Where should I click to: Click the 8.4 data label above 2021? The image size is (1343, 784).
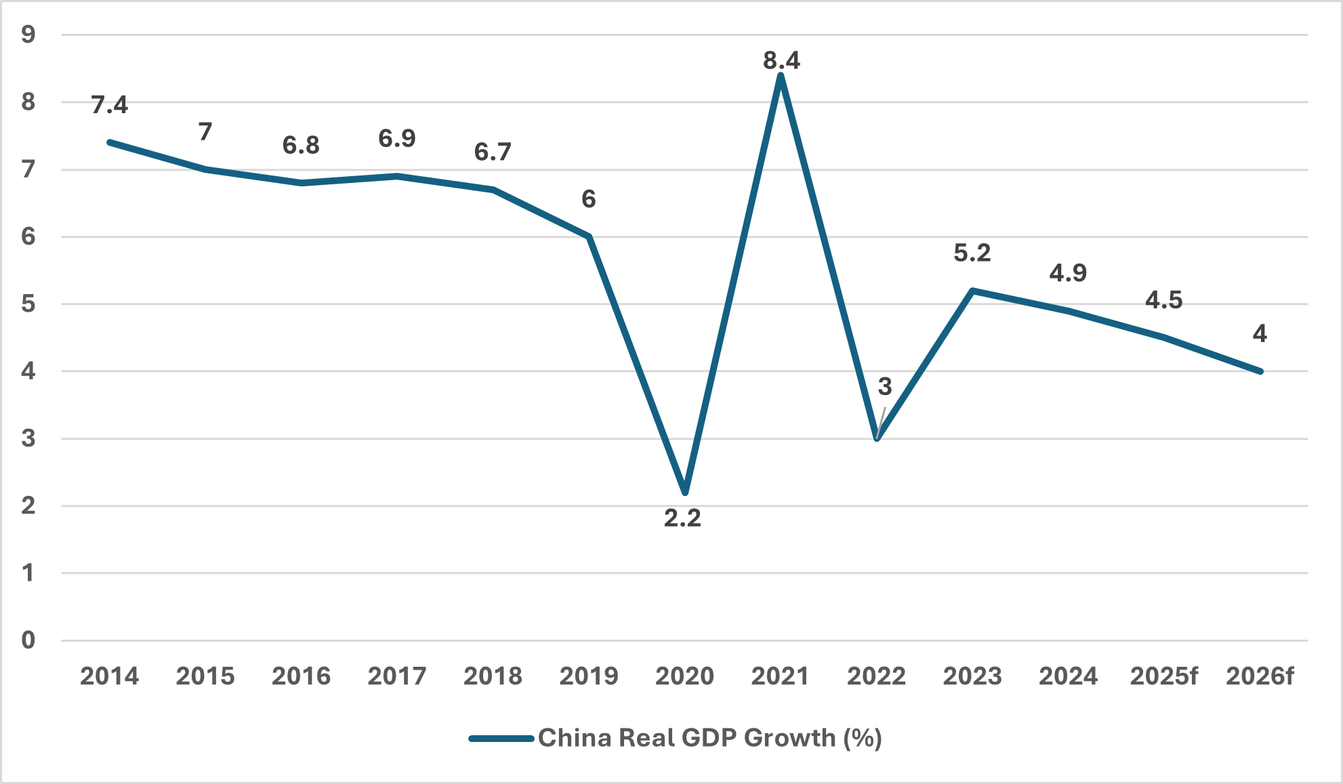pyautogui.click(x=781, y=61)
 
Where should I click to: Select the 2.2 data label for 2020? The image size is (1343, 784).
pyautogui.click(x=682, y=518)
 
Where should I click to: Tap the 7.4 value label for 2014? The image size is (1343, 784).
pyautogui.click(x=109, y=105)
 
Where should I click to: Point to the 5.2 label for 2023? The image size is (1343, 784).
pyautogui.click(x=972, y=253)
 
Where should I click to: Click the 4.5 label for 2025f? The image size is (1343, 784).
pyautogui.click(x=1163, y=300)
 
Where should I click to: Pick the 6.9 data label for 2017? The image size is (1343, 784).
pyautogui.click(x=396, y=139)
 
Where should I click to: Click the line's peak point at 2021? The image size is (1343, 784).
pyautogui.click(x=781, y=75)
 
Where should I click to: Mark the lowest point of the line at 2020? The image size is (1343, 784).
pyautogui.click(x=685, y=492)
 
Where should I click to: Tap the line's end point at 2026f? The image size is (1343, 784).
pyautogui.click(x=1260, y=371)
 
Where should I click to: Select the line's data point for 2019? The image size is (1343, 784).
pyautogui.click(x=589, y=236)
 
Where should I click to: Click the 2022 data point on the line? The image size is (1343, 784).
pyautogui.click(x=877, y=438)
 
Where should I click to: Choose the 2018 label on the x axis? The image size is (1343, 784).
pyautogui.click(x=493, y=676)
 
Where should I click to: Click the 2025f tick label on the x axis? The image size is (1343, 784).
pyautogui.click(x=1163, y=676)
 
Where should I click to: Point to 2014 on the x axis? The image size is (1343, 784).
pyautogui.click(x=109, y=676)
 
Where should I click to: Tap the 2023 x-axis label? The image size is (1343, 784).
pyautogui.click(x=972, y=676)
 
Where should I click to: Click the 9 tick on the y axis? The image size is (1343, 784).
pyautogui.click(x=28, y=35)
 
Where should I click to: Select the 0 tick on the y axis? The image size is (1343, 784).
pyautogui.click(x=28, y=640)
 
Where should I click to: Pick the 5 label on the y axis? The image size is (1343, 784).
pyautogui.click(x=28, y=304)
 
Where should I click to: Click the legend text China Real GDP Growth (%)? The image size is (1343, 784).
pyautogui.click(x=709, y=738)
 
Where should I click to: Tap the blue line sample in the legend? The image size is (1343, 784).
pyautogui.click(x=501, y=739)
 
